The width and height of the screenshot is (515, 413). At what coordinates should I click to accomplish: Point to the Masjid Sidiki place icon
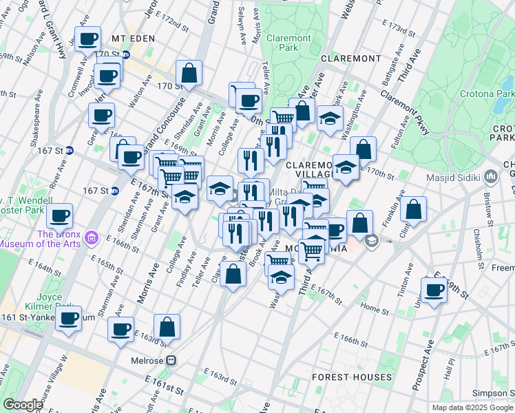click(491, 177)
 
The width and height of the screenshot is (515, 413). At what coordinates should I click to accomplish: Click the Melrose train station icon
click(172, 361)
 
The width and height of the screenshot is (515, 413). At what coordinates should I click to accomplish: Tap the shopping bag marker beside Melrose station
click(167, 326)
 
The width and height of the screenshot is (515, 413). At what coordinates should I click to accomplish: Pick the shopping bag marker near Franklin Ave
click(413, 209)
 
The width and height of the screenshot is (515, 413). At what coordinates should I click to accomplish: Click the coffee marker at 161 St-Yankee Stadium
click(68, 319)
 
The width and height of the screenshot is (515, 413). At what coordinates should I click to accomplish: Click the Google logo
click(23, 405)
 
